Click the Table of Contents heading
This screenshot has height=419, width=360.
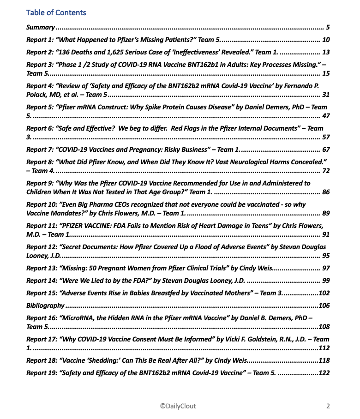[56, 12]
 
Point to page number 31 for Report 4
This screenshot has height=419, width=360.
[325, 95]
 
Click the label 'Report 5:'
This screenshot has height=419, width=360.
[40, 107]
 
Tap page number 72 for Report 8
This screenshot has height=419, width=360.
[325, 171]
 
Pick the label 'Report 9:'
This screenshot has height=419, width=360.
[40, 183]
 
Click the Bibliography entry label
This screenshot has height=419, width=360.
[45, 305]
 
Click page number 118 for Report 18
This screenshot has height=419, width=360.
[324, 360]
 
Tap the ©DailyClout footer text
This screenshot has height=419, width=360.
[178, 406]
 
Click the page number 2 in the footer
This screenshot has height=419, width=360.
[328, 406]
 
